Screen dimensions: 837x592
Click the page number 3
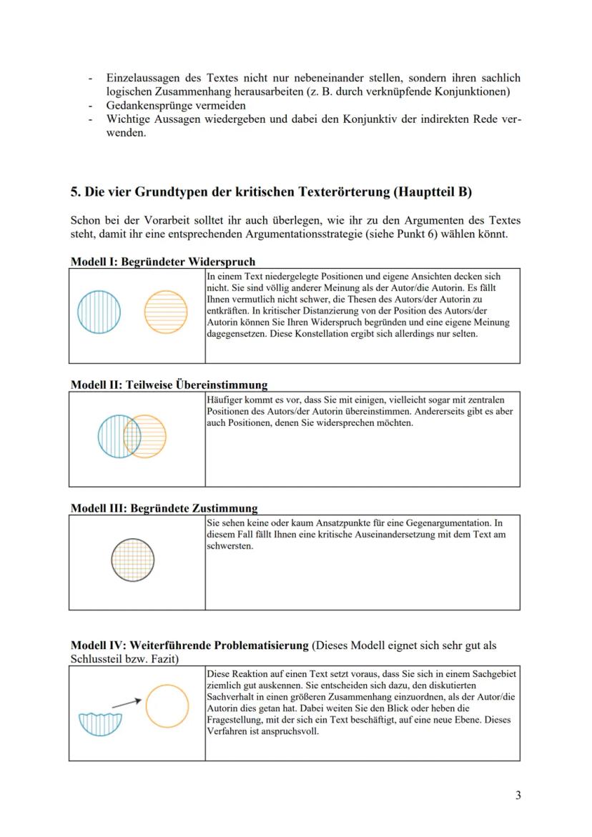[518, 796]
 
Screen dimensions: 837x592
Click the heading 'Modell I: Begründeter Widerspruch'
[162, 262]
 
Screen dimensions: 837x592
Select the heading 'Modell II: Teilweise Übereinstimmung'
[169, 385]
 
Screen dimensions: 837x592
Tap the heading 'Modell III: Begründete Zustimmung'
[164, 508]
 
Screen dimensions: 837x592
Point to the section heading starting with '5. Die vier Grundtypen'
[271, 192]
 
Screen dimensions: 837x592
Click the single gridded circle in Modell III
[133, 559]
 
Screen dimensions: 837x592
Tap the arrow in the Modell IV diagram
[127, 702]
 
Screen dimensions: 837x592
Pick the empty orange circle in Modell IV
[167, 706]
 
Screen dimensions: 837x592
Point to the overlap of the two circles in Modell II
[132, 435]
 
